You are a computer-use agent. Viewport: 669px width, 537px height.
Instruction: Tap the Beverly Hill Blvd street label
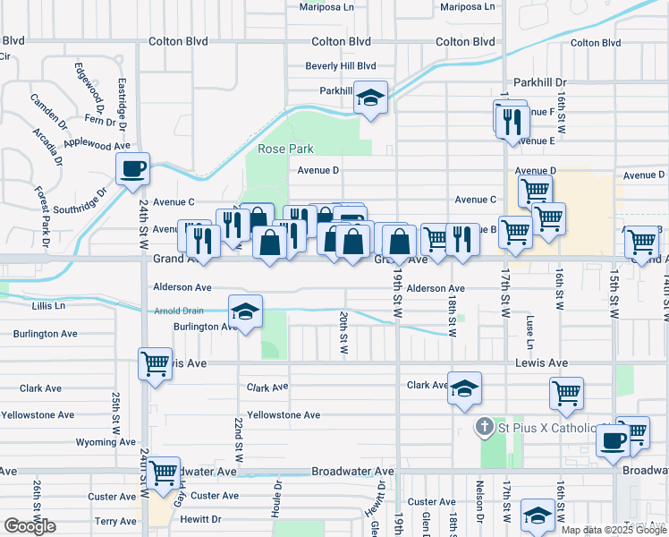coord(340,66)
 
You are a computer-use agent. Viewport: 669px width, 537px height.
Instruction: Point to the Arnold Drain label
coord(180,311)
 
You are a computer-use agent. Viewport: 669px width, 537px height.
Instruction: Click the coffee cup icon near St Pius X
coord(614,439)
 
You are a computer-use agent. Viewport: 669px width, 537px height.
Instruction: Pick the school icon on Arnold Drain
coord(245,311)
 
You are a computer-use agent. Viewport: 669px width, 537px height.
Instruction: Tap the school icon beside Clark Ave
coord(464,388)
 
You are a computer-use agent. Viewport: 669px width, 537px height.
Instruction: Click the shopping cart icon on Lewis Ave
coord(155,363)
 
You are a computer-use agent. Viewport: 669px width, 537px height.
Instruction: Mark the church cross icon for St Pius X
coord(484,427)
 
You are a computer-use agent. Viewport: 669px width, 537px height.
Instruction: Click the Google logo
coord(30,526)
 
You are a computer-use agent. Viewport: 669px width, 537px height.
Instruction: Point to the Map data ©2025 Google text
coord(614,530)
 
